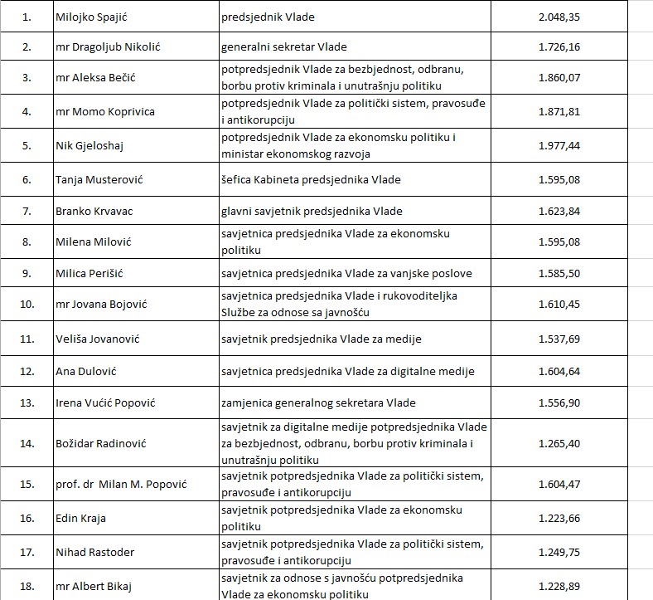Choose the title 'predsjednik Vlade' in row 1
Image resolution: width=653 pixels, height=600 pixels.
click(x=261, y=16)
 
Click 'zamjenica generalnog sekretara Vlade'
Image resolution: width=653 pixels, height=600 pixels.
click(x=318, y=403)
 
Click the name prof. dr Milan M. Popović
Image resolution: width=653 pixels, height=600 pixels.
click(x=116, y=484)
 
